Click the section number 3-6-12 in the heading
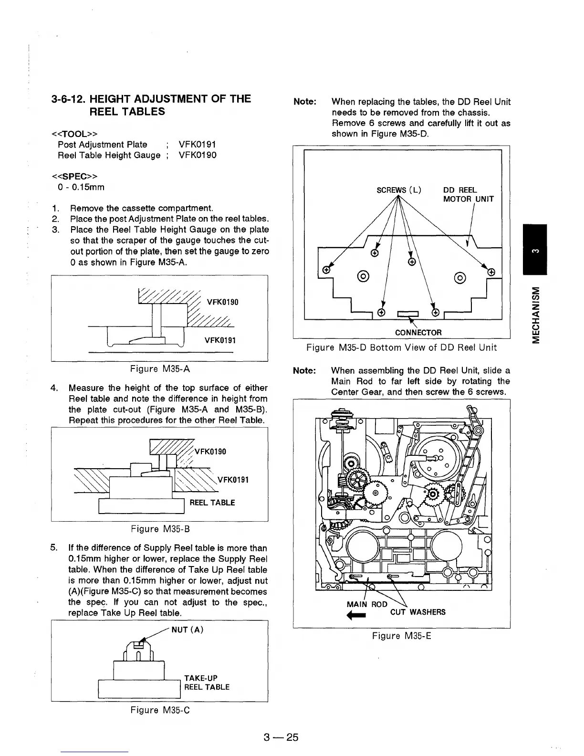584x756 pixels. pos(69,99)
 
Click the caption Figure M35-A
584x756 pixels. pos(160,368)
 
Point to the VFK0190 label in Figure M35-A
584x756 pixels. pos(222,302)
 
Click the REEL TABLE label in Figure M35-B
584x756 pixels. pos(212,503)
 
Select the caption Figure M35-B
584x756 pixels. pos(159,529)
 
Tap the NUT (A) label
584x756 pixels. pos(188,630)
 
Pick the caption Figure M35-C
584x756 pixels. pos(160,710)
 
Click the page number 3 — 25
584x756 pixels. pos(281,737)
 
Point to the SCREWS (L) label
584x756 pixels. pos(399,190)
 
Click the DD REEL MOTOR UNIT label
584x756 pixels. pos(468,195)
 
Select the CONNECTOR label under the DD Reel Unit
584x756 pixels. pos(418,332)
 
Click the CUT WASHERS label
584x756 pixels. pos(417,612)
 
